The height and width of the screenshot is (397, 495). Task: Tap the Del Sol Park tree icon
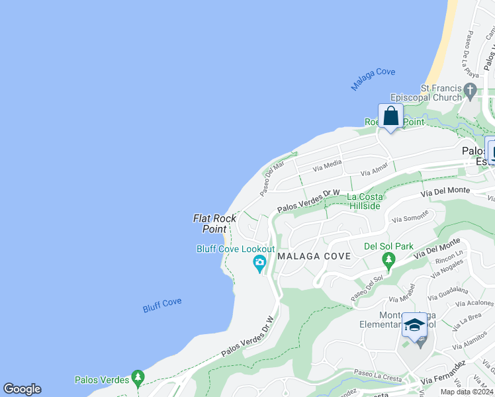point(388,259)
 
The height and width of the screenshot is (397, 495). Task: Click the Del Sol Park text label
point(388,247)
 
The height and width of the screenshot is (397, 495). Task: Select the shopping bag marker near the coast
point(391,116)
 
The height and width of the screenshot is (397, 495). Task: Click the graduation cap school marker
point(414,325)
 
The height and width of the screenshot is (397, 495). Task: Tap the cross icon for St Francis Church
point(471,90)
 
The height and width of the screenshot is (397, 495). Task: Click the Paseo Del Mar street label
point(273,175)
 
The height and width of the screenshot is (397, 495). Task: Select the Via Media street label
point(328,164)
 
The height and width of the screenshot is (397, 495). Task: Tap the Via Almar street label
point(375,171)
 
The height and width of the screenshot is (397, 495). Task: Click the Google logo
point(22,389)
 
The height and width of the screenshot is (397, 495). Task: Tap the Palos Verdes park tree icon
point(138,378)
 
